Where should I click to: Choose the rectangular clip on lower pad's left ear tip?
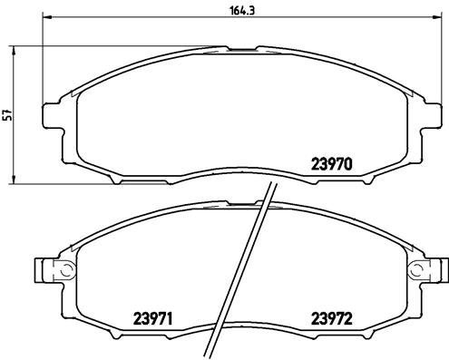point(38,269)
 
